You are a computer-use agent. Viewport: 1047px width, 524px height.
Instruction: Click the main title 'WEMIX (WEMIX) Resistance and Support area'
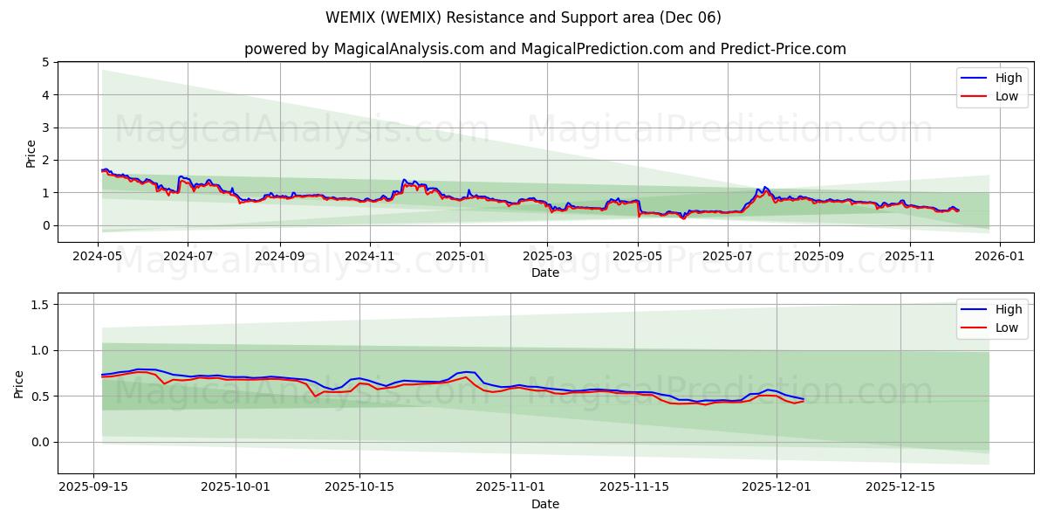(x=523, y=17)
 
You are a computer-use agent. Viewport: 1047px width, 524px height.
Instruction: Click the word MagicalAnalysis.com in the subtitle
(x=408, y=49)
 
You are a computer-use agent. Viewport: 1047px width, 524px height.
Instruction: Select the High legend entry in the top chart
(x=1008, y=78)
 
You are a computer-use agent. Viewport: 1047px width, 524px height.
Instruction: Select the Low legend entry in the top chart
(x=1006, y=96)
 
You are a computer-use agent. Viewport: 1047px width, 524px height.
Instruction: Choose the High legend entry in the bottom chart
(x=1008, y=309)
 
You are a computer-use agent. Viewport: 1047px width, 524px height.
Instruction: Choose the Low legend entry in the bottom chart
(x=1006, y=327)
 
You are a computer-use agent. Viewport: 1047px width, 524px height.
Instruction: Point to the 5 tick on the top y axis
(x=45, y=62)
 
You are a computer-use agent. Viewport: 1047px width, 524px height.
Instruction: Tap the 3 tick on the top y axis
(x=45, y=128)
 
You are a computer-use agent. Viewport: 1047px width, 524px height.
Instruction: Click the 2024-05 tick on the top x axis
(x=98, y=257)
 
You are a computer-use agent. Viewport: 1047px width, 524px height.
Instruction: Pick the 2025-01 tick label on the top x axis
(x=459, y=257)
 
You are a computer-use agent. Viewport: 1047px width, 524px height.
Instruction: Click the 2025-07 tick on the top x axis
(x=727, y=257)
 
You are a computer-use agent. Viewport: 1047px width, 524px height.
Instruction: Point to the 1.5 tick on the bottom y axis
(x=40, y=305)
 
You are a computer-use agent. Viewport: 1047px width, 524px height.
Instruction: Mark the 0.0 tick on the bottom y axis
(x=40, y=442)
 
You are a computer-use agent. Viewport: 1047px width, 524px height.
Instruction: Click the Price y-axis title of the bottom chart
(x=19, y=383)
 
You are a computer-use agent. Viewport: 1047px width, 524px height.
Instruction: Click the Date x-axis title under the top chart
(x=545, y=272)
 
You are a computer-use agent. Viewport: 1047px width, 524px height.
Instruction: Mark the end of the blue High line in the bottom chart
(x=804, y=399)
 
